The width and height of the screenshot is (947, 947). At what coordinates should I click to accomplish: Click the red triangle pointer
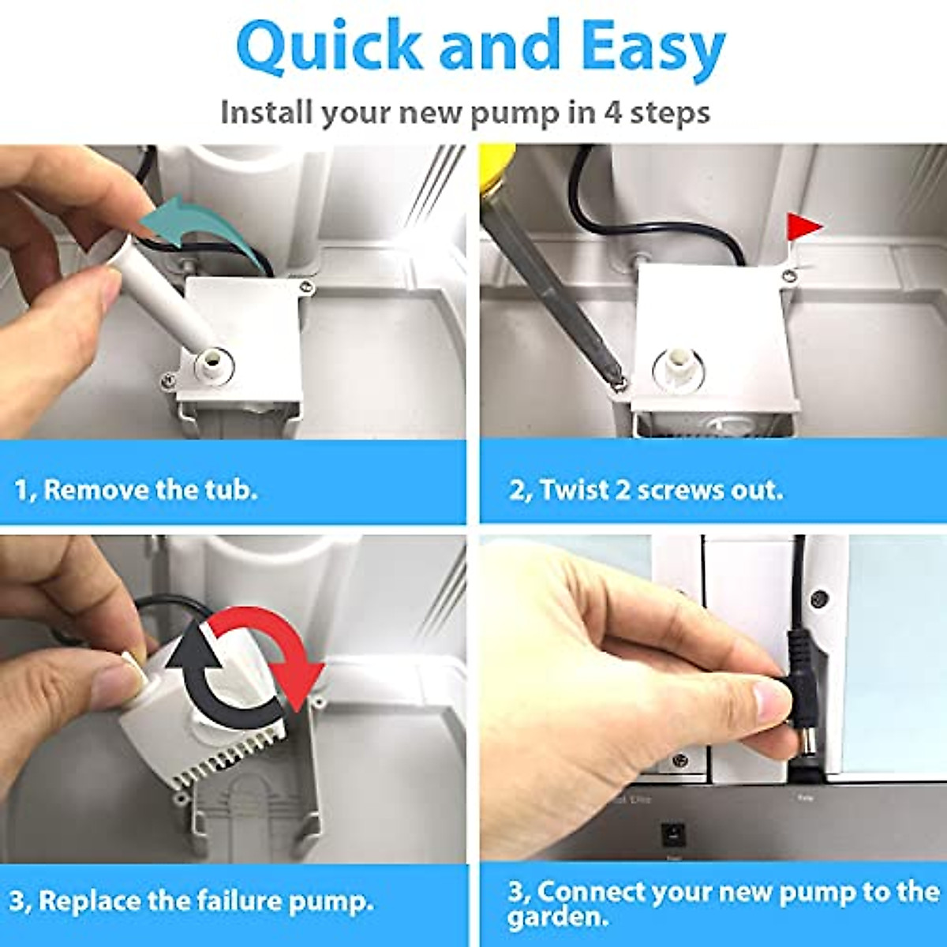pos(803,227)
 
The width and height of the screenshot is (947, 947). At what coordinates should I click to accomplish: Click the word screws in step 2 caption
pos(679,491)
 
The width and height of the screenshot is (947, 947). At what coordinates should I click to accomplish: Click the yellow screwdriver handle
pos(496,172)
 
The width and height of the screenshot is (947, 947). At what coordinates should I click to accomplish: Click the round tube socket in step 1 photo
pos(214,365)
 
